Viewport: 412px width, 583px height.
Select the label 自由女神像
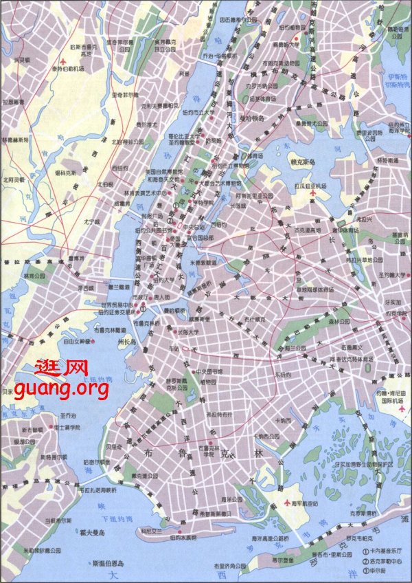78,341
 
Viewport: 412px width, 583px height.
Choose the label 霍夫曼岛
91,533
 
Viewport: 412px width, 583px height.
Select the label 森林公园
339,321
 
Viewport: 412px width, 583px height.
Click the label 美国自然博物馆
151,170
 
